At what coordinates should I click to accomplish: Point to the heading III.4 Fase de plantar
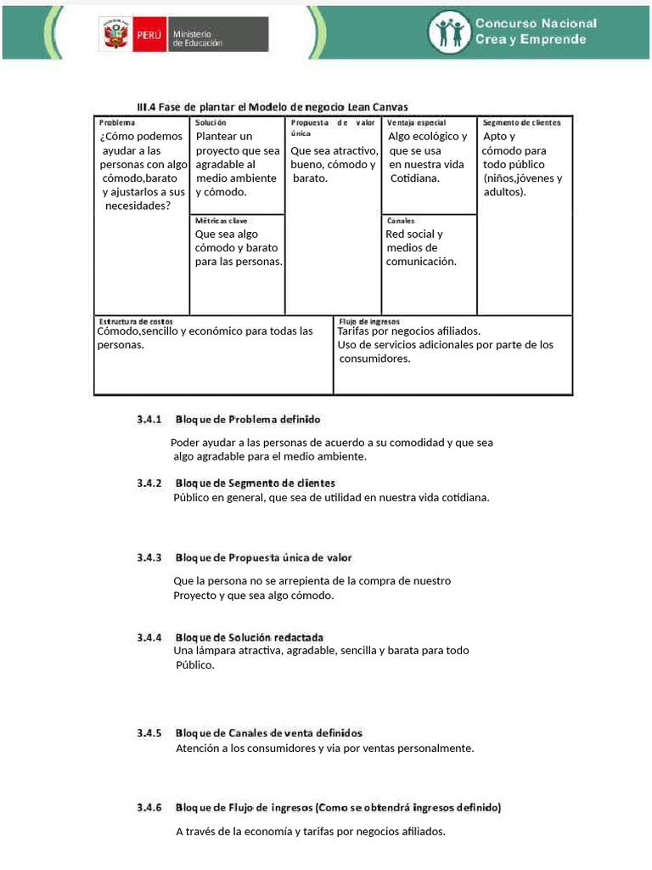(x=272, y=107)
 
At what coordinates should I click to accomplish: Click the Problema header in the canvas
(x=117, y=123)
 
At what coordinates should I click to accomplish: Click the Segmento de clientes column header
(x=521, y=123)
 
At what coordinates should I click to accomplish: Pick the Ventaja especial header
(x=416, y=123)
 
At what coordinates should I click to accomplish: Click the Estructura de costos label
(x=136, y=321)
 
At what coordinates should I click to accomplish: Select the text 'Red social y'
(x=413, y=234)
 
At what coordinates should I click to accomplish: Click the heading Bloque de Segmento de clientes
(x=255, y=483)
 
